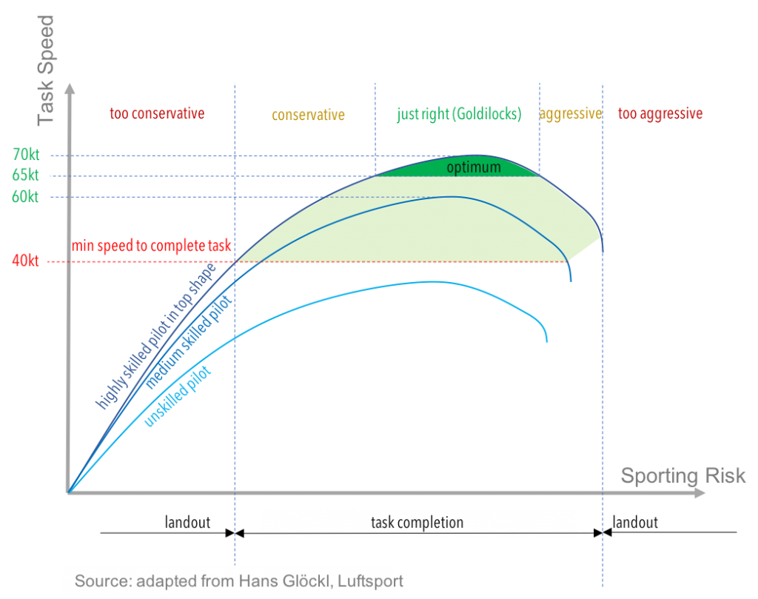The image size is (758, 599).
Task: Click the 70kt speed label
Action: click(26, 155)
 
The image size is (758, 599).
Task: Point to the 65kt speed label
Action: click(26, 175)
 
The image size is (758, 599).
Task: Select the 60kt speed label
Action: click(26, 196)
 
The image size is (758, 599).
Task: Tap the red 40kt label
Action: click(26, 261)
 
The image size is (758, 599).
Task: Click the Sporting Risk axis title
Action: click(682, 475)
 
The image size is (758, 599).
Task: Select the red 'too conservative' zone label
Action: click(156, 114)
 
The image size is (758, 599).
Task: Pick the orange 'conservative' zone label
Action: click(308, 115)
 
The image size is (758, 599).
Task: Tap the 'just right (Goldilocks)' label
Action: click(459, 115)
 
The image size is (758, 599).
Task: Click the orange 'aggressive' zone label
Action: click(570, 115)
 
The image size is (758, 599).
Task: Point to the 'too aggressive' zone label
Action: click(660, 115)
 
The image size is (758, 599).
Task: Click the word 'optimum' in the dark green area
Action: click(474, 168)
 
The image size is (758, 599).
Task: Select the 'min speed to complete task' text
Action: click(152, 246)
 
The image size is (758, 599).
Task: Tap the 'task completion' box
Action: click(417, 523)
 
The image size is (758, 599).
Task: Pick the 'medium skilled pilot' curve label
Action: click(188, 344)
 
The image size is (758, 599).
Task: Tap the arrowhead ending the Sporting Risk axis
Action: click(700, 492)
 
